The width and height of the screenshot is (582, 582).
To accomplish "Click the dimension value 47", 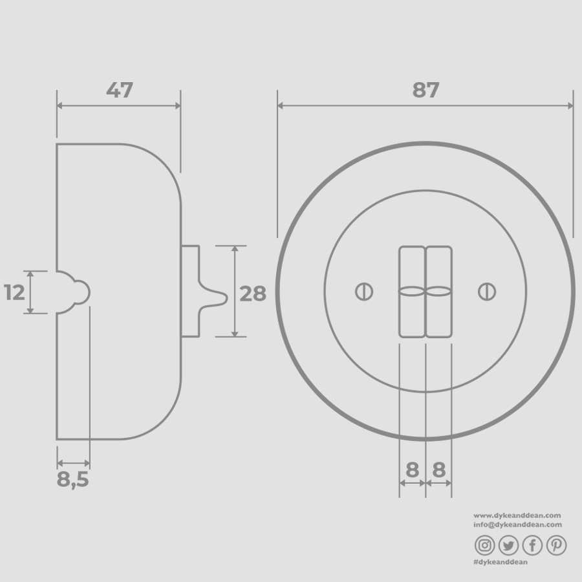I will pos(120,91).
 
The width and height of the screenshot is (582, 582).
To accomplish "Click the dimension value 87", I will pos(426,91).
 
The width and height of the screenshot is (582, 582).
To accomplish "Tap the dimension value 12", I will pos(14,293).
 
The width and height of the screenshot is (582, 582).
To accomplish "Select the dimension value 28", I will pos(253,294).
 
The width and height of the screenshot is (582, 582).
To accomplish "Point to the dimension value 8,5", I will pos(72,480).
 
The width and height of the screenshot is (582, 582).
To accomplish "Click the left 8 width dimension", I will pos(413,470).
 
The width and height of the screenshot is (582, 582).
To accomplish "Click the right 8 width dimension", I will pos(439,470).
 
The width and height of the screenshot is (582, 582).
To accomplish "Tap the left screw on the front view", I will pos(364,292).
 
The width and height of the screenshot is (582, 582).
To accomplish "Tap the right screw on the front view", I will pos(486,292).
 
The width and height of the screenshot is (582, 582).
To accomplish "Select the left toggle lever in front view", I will pos(412,292).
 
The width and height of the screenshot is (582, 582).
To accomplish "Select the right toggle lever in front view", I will pos(438,292).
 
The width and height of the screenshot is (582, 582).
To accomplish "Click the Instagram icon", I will pos(484,546).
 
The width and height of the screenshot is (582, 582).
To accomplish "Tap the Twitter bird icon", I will pos(508,546).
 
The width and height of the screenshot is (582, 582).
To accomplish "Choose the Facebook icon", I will pos(532,546).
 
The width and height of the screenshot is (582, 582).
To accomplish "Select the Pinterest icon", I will pos(556,546).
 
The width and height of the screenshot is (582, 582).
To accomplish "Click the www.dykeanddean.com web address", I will pos(517,515).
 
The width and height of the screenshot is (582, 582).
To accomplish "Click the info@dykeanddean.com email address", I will pos(517,524).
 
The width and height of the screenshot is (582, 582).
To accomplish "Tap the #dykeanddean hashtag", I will pos(501,562).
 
